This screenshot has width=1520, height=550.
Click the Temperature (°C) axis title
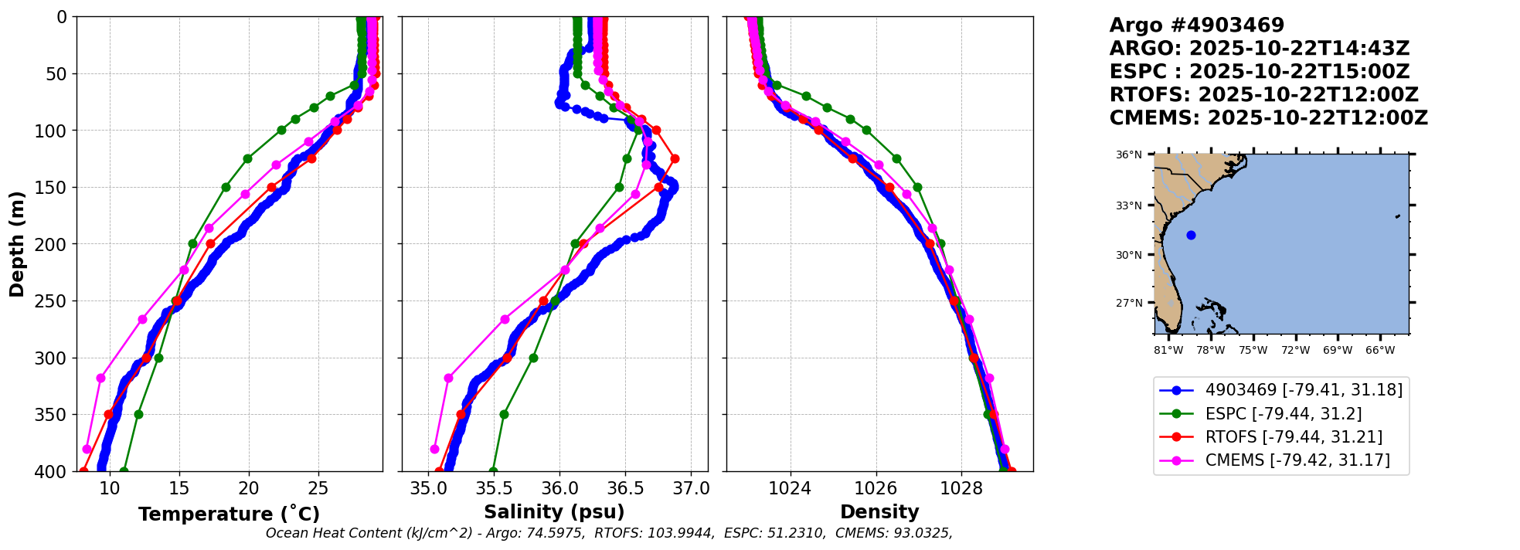click(x=229, y=514)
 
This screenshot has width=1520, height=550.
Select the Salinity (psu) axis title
click(x=554, y=512)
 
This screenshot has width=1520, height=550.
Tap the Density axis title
click(x=879, y=512)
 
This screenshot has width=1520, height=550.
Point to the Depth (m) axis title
click(x=17, y=244)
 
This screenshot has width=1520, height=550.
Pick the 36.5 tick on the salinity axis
click(x=625, y=488)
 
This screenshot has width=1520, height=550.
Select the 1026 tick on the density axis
click(x=876, y=488)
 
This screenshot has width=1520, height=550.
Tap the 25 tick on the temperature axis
click(x=318, y=488)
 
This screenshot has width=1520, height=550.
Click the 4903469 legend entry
click(x=1281, y=390)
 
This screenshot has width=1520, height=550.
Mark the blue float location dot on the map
click(x=1191, y=236)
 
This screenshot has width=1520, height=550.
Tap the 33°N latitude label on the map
click(x=1128, y=205)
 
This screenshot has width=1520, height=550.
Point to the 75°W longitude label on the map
click(x=1253, y=350)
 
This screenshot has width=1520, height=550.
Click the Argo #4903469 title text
click(x=1197, y=25)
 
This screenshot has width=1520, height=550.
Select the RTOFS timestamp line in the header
click(x=1264, y=95)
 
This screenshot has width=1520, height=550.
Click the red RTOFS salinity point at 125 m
click(x=675, y=158)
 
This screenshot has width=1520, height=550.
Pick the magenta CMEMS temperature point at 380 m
click(x=87, y=449)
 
